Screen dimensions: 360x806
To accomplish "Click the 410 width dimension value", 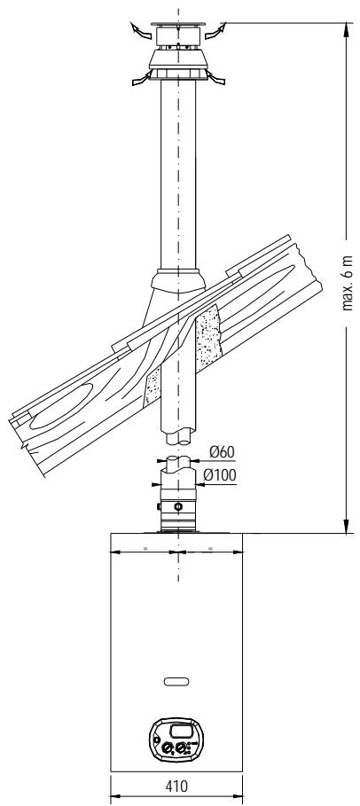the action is [176, 786].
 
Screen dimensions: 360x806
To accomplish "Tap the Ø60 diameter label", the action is [222, 452].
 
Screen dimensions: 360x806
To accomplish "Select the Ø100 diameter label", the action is [220, 475].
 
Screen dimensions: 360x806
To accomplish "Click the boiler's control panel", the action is [176, 739].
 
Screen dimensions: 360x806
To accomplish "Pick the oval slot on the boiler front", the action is [176, 682].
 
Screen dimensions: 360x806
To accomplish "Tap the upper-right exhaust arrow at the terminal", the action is [215, 31].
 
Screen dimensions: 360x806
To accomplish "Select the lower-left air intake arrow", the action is [142, 79].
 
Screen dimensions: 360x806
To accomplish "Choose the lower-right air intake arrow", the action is [215, 78].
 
